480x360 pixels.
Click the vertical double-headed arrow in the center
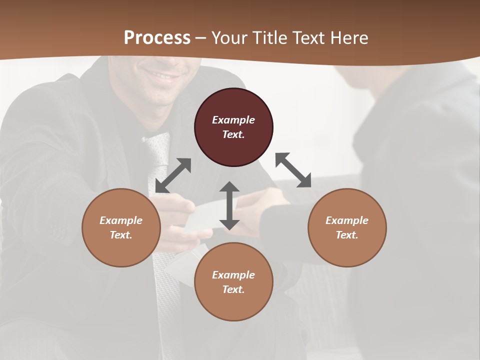pyautogui.click(x=229, y=205)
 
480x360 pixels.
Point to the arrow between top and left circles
pyautogui.click(x=173, y=175)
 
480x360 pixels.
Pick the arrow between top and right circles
pyautogui.click(x=293, y=170)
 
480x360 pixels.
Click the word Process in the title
pyautogui.click(x=157, y=38)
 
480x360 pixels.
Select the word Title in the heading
pyautogui.click(x=270, y=38)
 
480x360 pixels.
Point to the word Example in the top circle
pyautogui.click(x=233, y=120)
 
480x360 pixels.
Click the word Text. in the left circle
pyautogui.click(x=121, y=235)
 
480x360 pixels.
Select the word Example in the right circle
pyautogui.click(x=347, y=220)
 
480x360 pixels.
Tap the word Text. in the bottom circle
pyautogui.click(x=233, y=289)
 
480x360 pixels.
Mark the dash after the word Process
pyautogui.click(x=201, y=38)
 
